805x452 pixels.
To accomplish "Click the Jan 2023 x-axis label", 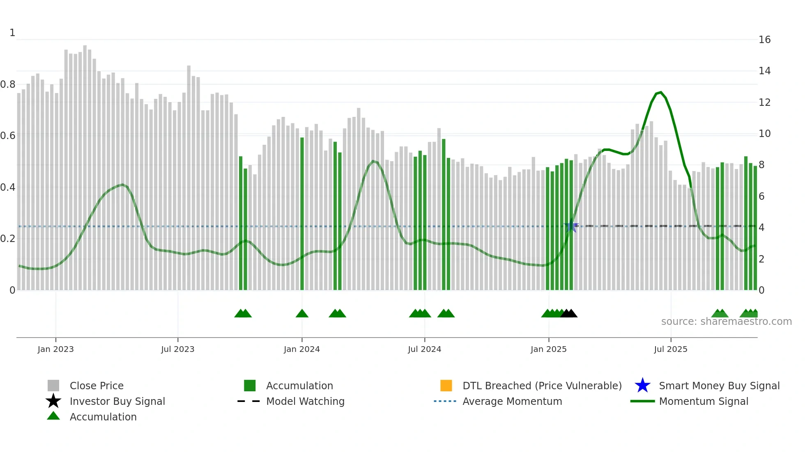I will pos(55,349).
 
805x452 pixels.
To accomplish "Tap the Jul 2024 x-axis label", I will pos(424,349).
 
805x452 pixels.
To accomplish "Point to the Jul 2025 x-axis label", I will pos(670,349).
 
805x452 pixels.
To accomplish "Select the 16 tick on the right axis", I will pos(764,40).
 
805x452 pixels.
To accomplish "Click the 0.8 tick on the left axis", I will pos(8,84).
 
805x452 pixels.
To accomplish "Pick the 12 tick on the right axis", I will pos(764,103).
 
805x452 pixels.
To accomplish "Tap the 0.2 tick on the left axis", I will pos(8,239).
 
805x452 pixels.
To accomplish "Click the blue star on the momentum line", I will pos(571,226).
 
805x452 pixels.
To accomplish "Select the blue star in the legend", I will pos(642,386).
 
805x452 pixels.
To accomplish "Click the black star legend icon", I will pos(53,401).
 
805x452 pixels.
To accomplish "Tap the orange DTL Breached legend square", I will pos(446,386).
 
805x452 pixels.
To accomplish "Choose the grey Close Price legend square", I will pos(53,386).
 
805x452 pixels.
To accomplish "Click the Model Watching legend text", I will pos(305,402).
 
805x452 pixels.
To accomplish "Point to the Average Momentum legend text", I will pos(512,402).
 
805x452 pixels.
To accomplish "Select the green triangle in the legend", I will pos(53,416).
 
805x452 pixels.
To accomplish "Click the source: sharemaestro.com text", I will pos(726,322).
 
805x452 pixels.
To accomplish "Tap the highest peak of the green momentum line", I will pos(660,92).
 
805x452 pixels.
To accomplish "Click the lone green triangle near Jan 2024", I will pos(302,314).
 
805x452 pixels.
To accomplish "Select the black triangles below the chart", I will pos(569,314).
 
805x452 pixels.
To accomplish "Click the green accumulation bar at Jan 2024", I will pos(302,213).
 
